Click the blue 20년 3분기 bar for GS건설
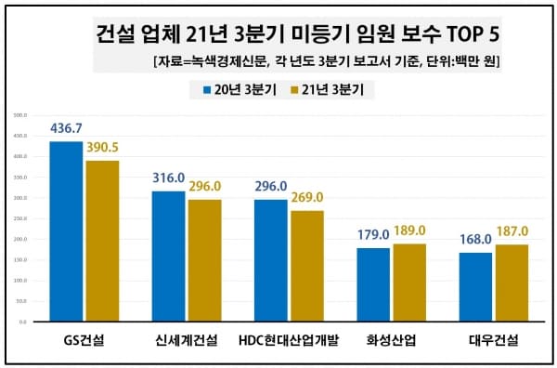[66, 231]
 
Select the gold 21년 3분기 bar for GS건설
[102, 241]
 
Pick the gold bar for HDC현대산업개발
[306, 266]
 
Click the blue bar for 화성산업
[373, 284]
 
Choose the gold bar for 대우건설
[512, 283]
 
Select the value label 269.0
[307, 198]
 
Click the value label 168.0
[475, 240]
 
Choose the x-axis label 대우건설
[493, 340]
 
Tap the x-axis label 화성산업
[391, 340]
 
